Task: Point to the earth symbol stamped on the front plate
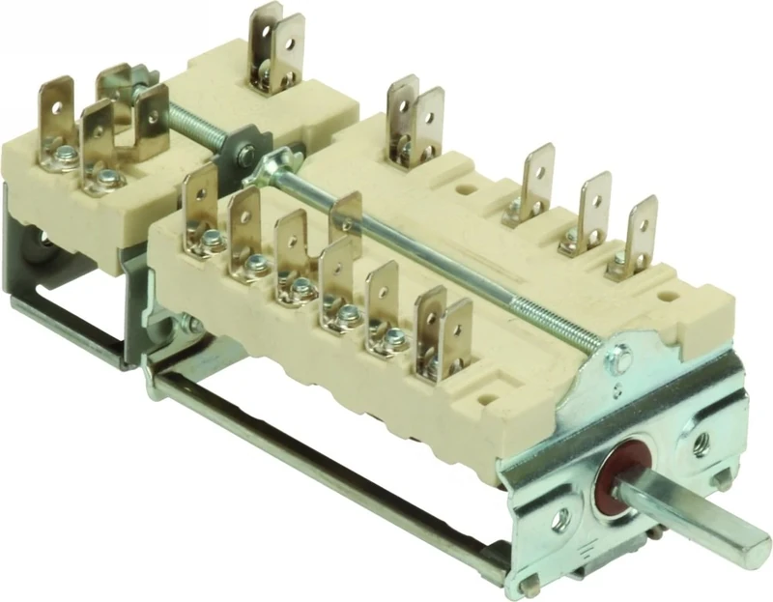(x=618, y=389)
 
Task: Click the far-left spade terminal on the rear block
(x=58, y=116)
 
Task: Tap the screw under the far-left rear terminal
(x=64, y=155)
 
